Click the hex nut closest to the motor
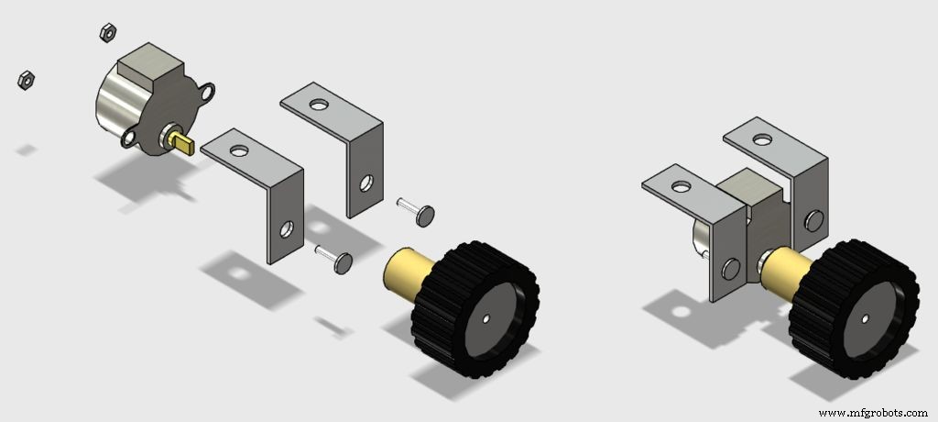click(x=105, y=33)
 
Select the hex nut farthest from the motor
click(x=26, y=80)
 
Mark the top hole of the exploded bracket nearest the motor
click(x=239, y=149)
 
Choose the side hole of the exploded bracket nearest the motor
click(x=287, y=226)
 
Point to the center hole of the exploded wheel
click(x=486, y=319)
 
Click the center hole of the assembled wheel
click(x=865, y=319)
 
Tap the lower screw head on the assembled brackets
click(x=730, y=269)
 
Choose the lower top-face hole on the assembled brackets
click(x=681, y=186)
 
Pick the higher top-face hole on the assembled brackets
click(x=759, y=139)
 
